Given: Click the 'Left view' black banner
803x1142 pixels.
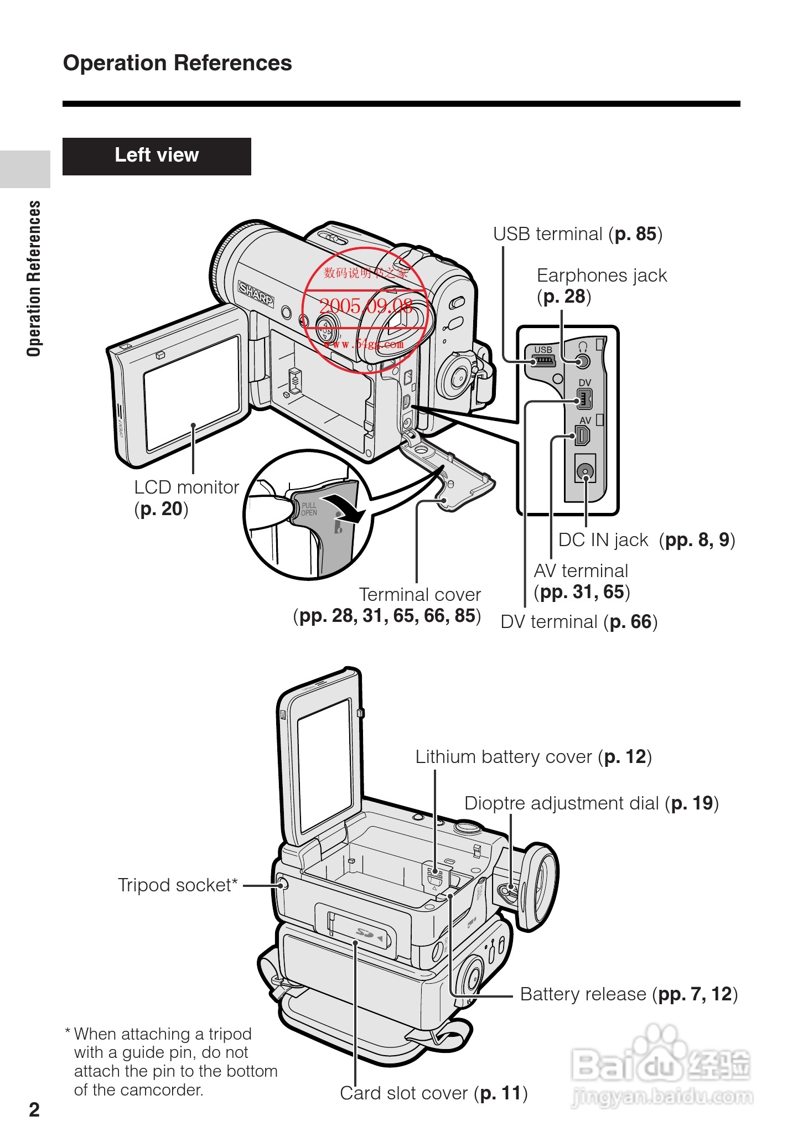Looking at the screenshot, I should [157, 156].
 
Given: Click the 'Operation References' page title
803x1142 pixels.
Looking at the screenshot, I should [177, 63].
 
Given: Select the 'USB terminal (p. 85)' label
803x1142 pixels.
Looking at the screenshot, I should [577, 234].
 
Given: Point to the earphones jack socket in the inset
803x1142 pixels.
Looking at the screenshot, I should [582, 362].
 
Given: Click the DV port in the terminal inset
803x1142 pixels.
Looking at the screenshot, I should [584, 398].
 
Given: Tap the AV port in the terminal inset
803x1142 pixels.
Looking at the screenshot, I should [583, 435].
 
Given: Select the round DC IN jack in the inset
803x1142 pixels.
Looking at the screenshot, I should [585, 471].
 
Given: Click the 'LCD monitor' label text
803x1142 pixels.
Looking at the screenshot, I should [186, 487].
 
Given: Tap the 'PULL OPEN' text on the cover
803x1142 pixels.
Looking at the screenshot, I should [309, 509].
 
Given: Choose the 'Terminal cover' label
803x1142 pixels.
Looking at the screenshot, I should [419, 595].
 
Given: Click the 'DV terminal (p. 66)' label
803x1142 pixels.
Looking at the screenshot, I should [578, 622].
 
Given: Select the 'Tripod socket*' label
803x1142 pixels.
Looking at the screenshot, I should [178, 885].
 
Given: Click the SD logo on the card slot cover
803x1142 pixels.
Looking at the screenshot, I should [365, 933].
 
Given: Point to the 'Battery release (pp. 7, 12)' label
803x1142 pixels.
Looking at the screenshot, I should [628, 994].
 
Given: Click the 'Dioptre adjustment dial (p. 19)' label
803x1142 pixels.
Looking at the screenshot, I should [591, 803].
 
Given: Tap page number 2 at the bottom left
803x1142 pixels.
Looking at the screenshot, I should [34, 1110].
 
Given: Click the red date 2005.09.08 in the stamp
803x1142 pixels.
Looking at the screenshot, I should [366, 306].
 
